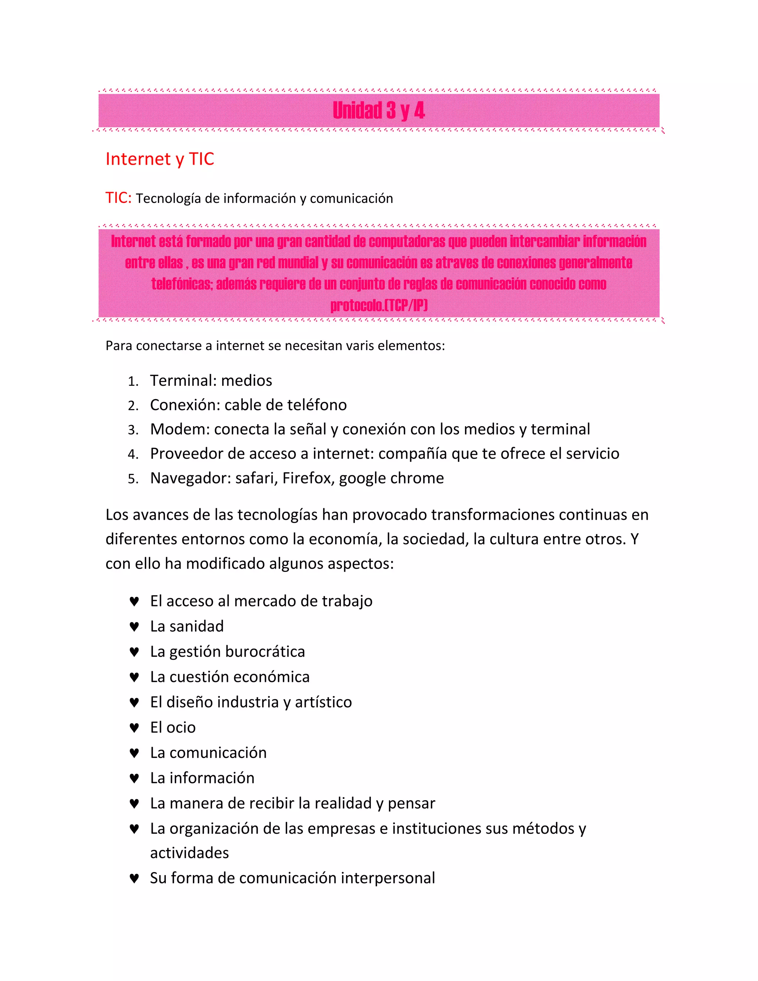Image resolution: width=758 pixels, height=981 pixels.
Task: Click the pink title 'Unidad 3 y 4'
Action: (379, 110)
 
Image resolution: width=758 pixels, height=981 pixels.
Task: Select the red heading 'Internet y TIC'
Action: (160, 159)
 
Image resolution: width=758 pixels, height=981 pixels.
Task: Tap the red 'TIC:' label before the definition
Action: (118, 198)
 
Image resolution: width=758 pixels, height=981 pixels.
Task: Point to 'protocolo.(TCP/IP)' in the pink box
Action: (379, 305)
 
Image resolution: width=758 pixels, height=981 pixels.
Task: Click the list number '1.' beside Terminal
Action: (133, 382)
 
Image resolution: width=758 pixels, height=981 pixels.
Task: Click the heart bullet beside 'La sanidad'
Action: (134, 627)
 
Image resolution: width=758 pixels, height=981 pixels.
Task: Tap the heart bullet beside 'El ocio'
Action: (134, 728)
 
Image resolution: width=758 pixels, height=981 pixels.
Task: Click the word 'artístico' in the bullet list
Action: (323, 702)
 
